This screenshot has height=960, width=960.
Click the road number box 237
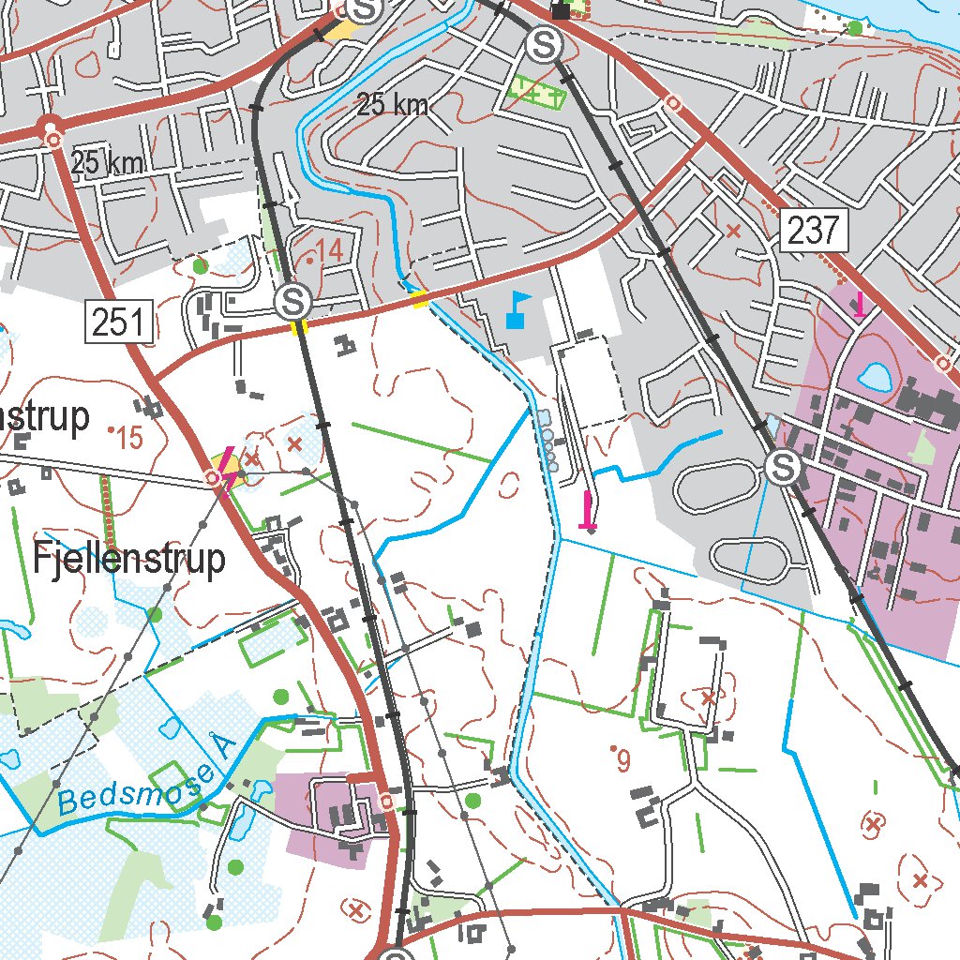pos(813,230)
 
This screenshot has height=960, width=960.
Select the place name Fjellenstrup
pos(129,559)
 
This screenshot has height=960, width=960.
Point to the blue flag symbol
pos(517,309)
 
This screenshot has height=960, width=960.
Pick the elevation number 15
pos(128,438)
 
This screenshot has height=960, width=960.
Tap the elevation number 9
pos(623,762)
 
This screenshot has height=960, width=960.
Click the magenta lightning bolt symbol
pos(227,471)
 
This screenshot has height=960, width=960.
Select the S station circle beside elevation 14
pos(293,302)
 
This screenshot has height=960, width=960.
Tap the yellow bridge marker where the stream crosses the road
pos(420,299)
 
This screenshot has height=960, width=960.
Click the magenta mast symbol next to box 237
pos(859,304)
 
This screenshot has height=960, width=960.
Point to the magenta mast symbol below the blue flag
pos(588,511)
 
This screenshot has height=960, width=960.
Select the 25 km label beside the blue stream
pos(393,105)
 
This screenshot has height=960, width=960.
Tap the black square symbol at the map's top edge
pos(561,11)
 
